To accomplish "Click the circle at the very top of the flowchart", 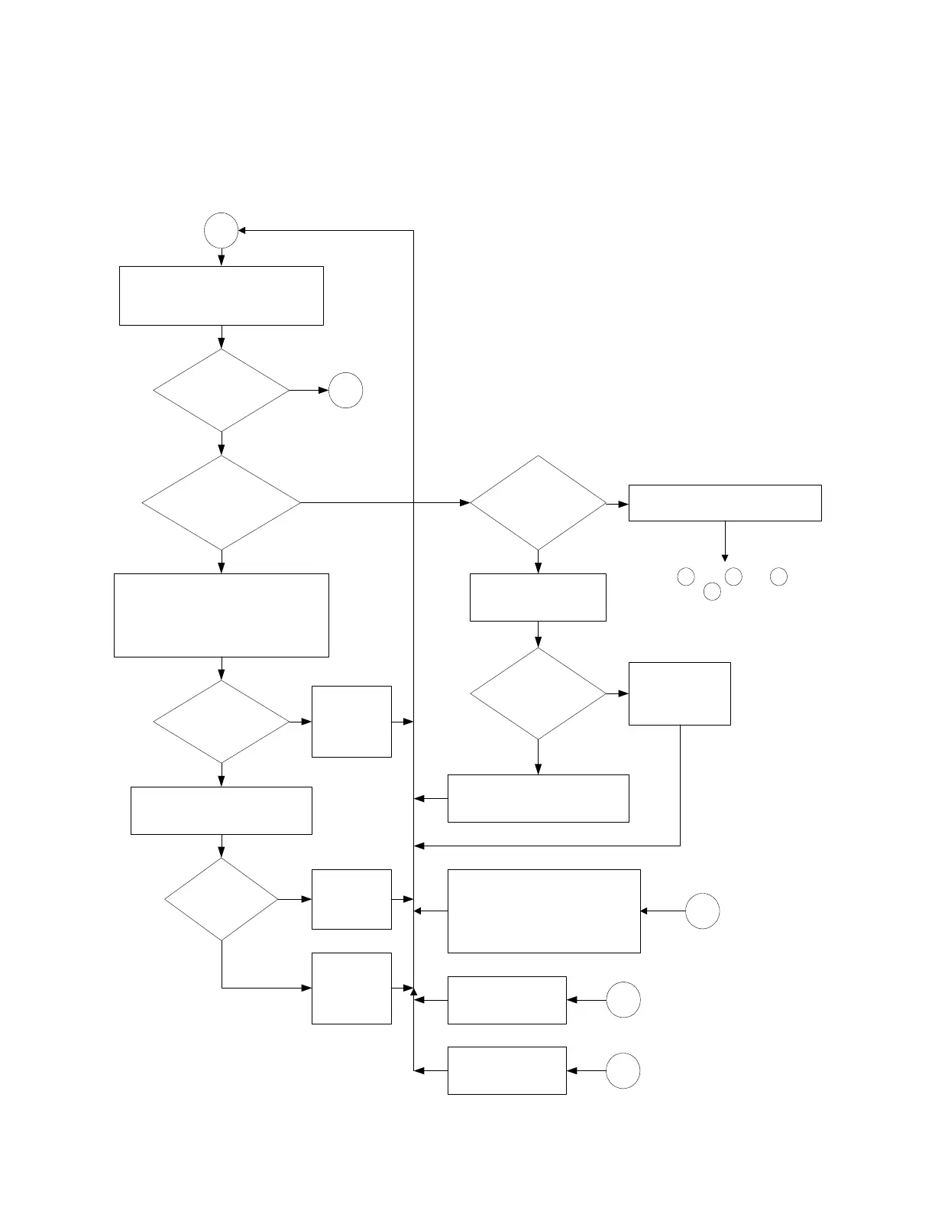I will point(222,230).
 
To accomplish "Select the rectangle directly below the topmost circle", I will point(222,296).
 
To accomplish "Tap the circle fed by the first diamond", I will point(345,391).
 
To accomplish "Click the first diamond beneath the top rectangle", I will point(222,391).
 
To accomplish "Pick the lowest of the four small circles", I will point(712,591).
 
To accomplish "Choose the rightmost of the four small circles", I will point(778,576).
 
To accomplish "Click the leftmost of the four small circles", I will point(686,576).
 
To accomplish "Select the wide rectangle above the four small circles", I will point(725,503).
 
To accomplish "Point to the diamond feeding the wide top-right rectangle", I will point(538,503).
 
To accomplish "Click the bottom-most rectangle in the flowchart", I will point(506,1070).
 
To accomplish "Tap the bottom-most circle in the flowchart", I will point(623,1070).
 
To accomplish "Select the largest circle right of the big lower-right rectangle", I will point(702,911).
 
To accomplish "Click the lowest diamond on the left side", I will point(222,900).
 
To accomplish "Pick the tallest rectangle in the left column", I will point(222,615).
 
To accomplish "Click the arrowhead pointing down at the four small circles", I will point(725,557).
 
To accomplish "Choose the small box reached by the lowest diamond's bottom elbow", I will point(351,988).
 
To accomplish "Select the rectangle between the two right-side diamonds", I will point(538,597).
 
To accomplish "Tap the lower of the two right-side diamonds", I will point(538,693).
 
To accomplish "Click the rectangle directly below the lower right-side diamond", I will point(538,798).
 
